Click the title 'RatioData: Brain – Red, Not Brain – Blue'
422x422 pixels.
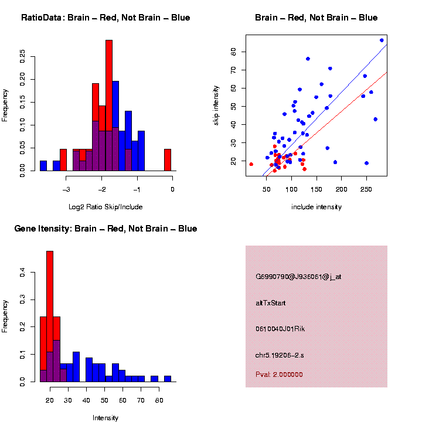(105, 18)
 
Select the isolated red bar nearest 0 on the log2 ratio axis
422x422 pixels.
(168, 159)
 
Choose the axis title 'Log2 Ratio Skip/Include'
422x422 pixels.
(105, 206)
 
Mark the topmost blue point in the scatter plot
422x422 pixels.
(382, 40)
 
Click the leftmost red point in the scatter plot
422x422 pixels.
(251, 165)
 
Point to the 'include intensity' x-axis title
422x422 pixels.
(316, 207)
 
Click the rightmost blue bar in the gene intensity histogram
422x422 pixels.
(168, 379)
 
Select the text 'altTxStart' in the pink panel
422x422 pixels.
(270, 303)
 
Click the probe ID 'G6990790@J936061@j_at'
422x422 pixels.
(298, 277)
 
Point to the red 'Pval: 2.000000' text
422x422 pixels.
(279, 375)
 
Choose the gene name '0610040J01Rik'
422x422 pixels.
(280, 329)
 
